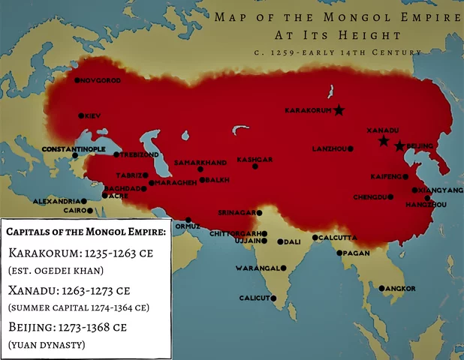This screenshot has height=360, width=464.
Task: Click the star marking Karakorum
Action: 339,110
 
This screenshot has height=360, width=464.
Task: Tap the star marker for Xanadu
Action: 384,141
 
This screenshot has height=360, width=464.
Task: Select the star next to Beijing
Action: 399,145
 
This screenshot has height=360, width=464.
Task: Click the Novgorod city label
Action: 101,80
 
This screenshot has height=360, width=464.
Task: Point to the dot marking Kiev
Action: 81,115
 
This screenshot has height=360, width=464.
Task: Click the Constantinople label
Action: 74,149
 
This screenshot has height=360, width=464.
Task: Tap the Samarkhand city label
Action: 200,162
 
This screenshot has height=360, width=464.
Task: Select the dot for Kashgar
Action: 255,166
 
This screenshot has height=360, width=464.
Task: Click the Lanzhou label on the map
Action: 329,149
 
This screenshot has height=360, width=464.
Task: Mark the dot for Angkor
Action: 382,289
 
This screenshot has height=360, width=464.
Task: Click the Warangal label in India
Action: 257,268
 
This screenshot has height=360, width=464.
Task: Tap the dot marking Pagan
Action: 339,253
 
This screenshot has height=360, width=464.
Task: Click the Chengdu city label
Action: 371,197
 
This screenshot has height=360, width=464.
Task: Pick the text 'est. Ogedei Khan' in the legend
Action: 56,270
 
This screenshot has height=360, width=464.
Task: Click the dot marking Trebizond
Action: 116,154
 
